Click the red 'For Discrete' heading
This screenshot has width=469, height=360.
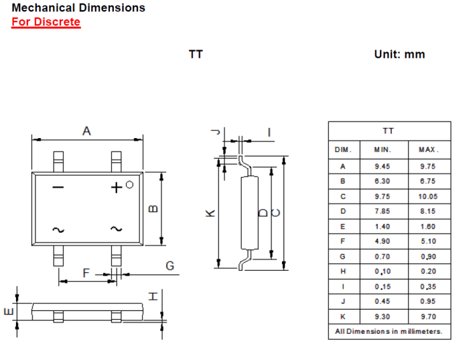[x=46, y=22]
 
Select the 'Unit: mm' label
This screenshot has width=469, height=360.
[x=399, y=54]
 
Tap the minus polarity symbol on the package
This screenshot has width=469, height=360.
[x=58, y=187]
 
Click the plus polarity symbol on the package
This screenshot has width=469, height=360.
[x=117, y=188]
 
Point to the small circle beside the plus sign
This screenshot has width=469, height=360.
[x=129, y=185]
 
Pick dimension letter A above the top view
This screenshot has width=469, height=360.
[x=86, y=131]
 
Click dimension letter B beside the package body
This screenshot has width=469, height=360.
[x=153, y=208]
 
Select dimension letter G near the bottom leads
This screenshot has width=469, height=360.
[x=170, y=265]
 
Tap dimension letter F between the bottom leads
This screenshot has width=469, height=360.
[x=86, y=273]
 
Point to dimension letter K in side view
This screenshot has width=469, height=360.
[x=210, y=213]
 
